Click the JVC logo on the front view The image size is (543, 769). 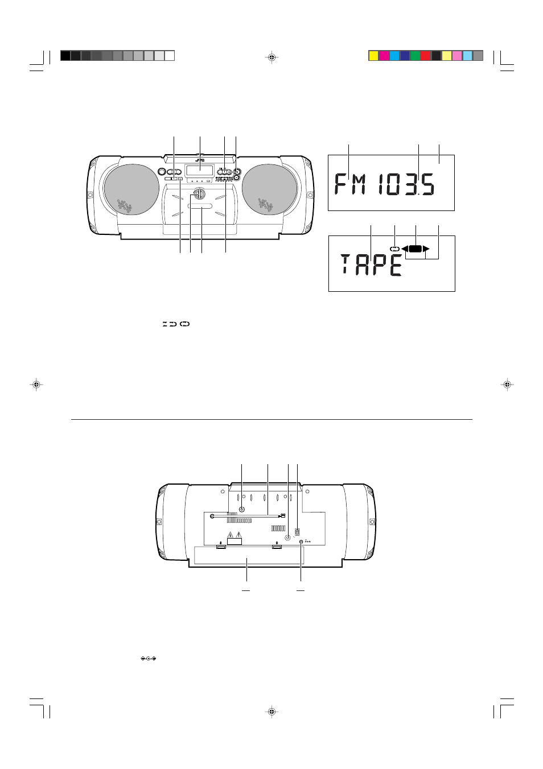point(200,160)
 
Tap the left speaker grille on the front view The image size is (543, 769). point(131,189)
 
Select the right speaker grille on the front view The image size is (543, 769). point(268,189)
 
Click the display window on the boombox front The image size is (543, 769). point(200,171)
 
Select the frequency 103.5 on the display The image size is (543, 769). point(407,184)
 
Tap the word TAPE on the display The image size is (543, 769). point(371,264)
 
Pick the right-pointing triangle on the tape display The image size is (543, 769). point(426,249)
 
